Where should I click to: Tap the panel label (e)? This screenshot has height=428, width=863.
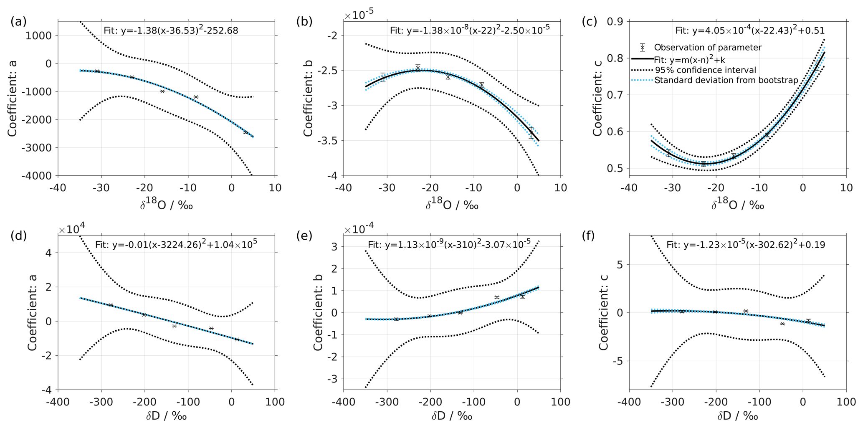point(304,236)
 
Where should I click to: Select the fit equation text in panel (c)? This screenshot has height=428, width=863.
point(750,30)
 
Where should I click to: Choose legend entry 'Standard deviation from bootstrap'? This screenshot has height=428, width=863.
point(726,80)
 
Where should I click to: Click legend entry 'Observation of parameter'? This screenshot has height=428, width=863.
point(708,48)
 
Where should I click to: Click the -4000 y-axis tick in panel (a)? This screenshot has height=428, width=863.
point(38,175)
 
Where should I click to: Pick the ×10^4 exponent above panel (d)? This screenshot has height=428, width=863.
point(72,229)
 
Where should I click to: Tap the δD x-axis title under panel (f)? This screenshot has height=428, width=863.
point(738,416)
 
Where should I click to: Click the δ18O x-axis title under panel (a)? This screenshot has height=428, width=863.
point(166,205)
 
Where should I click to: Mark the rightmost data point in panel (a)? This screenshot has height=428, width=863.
point(245,132)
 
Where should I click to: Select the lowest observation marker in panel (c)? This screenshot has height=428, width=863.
point(704,164)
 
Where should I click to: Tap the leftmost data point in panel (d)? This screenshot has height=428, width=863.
point(111,305)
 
